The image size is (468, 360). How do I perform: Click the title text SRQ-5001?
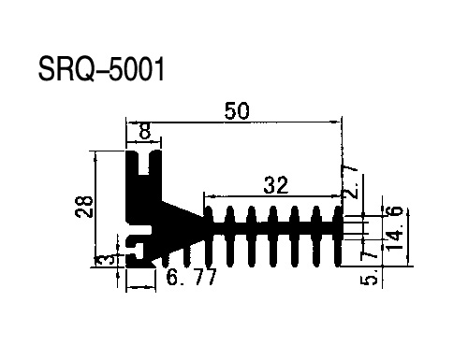click(101, 69)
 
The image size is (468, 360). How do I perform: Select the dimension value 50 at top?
click(237, 111)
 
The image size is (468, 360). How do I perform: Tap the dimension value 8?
click(145, 131)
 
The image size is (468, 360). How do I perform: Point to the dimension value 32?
click(276, 185)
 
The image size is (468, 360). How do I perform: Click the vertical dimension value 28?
click(84, 207)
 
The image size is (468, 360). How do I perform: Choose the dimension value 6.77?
click(191, 277)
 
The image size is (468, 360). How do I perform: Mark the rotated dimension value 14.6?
click(394, 228)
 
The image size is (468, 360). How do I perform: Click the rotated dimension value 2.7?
click(350, 182)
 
